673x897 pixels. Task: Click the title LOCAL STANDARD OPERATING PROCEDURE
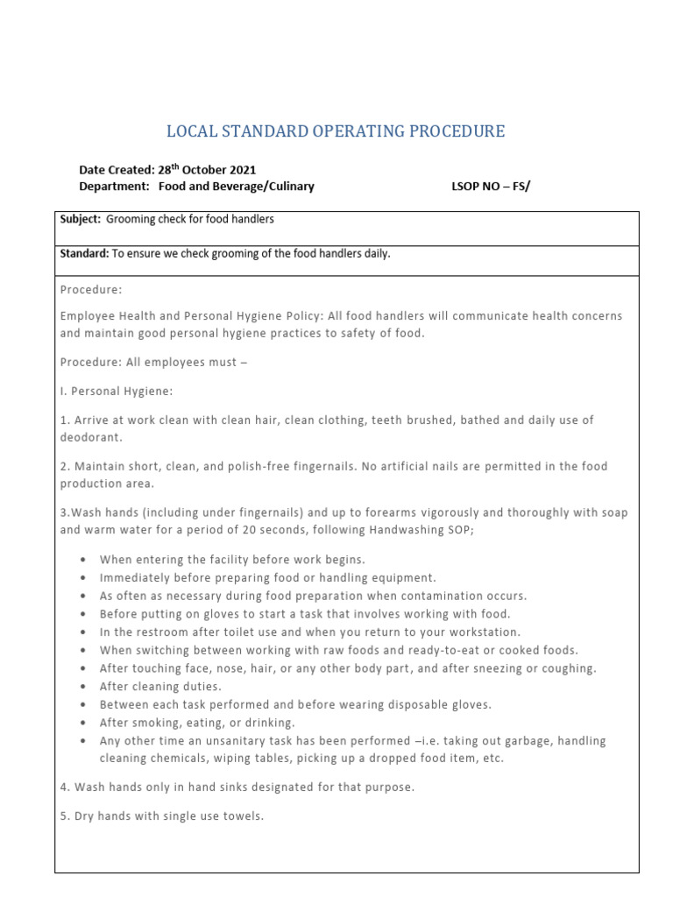point(336,132)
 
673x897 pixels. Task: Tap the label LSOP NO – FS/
point(491,187)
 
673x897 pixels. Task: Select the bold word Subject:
point(81,219)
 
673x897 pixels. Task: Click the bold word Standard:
point(84,254)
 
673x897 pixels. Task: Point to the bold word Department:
point(114,187)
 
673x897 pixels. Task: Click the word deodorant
point(90,436)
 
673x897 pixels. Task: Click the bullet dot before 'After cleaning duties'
point(81,687)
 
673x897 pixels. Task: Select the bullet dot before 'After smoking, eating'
point(81,723)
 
